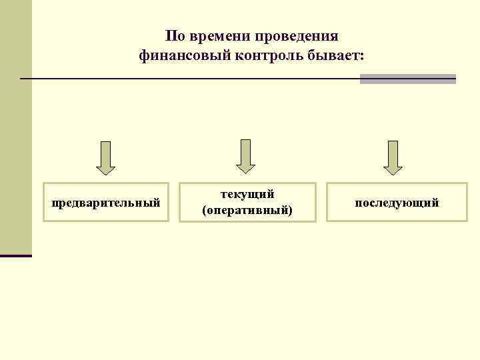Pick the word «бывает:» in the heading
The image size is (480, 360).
pyautogui.click(x=338, y=56)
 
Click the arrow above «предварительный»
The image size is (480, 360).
pyautogui.click(x=105, y=157)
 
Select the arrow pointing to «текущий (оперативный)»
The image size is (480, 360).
pyautogui.click(x=245, y=156)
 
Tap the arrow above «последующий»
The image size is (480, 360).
pyautogui.click(x=393, y=157)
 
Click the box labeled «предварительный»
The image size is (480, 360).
pyautogui.click(x=106, y=201)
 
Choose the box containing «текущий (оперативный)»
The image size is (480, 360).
pyautogui.click(x=247, y=201)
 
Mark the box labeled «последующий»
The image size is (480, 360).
pyautogui.click(x=397, y=201)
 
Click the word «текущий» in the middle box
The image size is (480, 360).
pyautogui.click(x=247, y=194)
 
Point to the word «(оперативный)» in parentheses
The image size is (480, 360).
pyautogui.click(x=247, y=210)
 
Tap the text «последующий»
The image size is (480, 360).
pyautogui.click(x=397, y=202)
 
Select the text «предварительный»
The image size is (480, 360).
pyautogui.click(x=106, y=202)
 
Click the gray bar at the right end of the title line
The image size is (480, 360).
pyautogui.click(x=407, y=79)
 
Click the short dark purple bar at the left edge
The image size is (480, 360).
pyautogui.click(x=15, y=255)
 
